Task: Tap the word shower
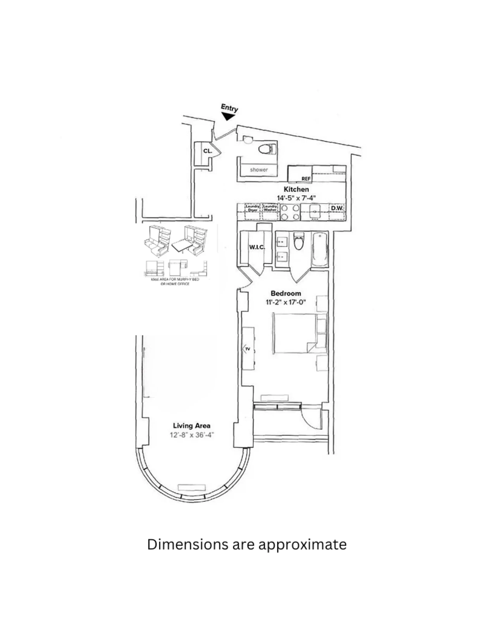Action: pyautogui.click(x=259, y=170)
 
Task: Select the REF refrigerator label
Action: pyautogui.click(x=306, y=179)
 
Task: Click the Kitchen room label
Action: pyautogui.click(x=296, y=189)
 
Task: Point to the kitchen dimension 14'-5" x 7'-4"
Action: pyautogui.click(x=296, y=198)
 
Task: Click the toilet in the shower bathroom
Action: pyautogui.click(x=267, y=149)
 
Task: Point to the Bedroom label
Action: pyautogui.click(x=286, y=293)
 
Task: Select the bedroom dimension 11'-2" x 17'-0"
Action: pyautogui.click(x=286, y=302)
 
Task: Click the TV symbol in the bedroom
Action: pyautogui.click(x=247, y=349)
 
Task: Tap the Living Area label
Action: pyautogui.click(x=191, y=426)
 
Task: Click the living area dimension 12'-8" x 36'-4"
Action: pyautogui.click(x=192, y=435)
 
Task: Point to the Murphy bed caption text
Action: pyautogui.click(x=175, y=282)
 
